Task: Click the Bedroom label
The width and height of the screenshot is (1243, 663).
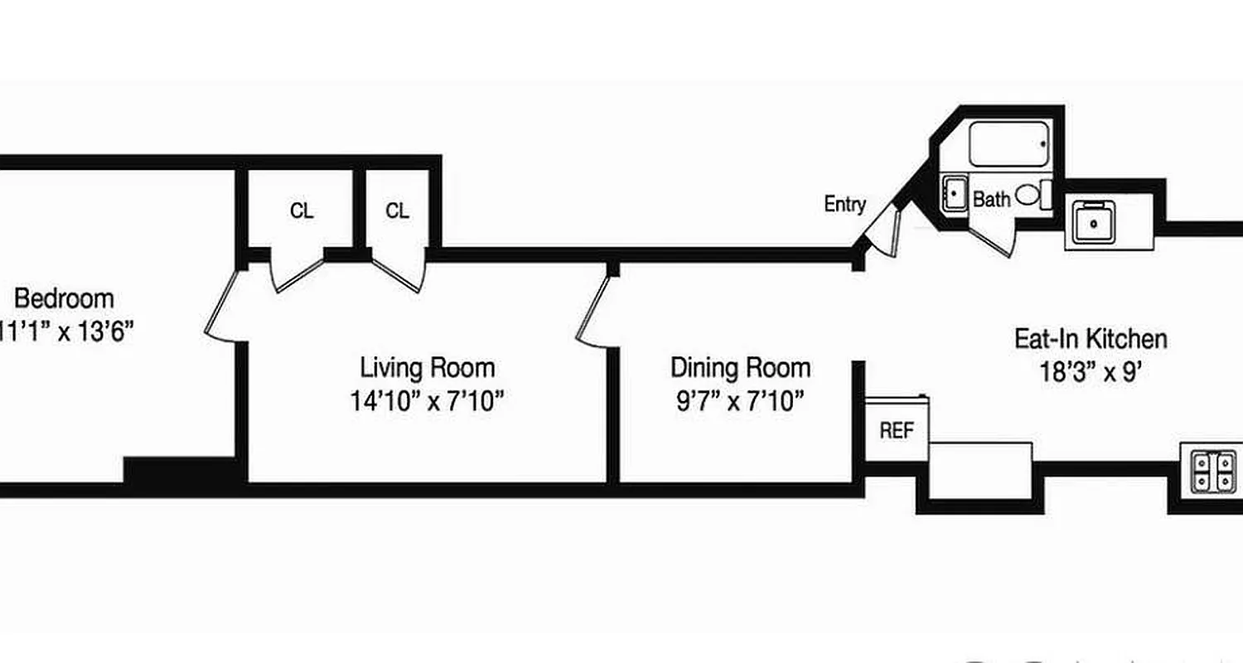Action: [x=64, y=298]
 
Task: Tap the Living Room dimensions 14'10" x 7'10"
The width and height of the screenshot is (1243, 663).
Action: [x=427, y=402]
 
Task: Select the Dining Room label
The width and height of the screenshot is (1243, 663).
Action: [x=740, y=366]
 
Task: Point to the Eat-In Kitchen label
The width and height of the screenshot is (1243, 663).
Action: [x=1091, y=338]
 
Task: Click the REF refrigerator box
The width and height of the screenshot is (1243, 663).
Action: [x=896, y=431]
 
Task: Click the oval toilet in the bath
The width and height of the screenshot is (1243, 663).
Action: [x=1028, y=196]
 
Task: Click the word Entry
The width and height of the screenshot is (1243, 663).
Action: [x=844, y=204]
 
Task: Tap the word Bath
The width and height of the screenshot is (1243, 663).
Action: [x=991, y=200]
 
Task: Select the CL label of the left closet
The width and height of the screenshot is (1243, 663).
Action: [x=302, y=211]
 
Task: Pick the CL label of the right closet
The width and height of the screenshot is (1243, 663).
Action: [x=397, y=211]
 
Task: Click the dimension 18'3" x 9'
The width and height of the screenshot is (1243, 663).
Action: [x=1091, y=371]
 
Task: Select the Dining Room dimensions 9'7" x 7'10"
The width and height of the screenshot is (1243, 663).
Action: [x=740, y=402]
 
